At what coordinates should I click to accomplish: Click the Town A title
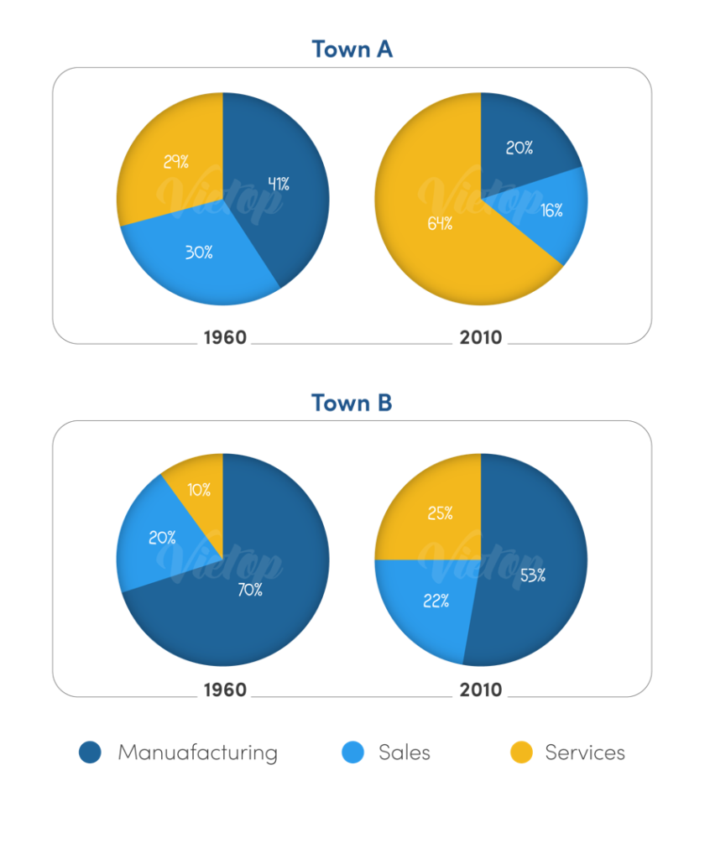pyautogui.click(x=352, y=49)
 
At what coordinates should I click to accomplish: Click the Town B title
pyautogui.click(x=352, y=403)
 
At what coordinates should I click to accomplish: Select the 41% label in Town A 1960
pyautogui.click(x=278, y=185)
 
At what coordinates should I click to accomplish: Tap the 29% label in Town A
pyautogui.click(x=176, y=162)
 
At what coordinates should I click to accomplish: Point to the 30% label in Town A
pyautogui.click(x=198, y=252)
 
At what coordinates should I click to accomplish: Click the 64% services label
pyautogui.click(x=440, y=224)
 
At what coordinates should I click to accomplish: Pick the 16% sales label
pyautogui.click(x=551, y=211)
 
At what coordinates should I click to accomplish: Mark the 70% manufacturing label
pyautogui.click(x=249, y=590)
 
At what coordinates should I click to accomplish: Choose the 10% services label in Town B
pyautogui.click(x=199, y=490)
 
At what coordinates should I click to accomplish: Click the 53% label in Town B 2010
pyautogui.click(x=532, y=575)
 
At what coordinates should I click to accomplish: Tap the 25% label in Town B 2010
pyautogui.click(x=439, y=513)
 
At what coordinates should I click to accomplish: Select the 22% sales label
pyautogui.click(x=436, y=601)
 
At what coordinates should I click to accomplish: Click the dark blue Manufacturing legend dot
pyautogui.click(x=90, y=752)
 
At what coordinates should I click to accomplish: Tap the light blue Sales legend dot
pyautogui.click(x=353, y=752)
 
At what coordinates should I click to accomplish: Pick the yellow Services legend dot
pyautogui.click(x=521, y=752)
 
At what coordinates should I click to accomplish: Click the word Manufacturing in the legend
pyautogui.click(x=197, y=752)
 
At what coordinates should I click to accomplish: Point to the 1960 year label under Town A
pyautogui.click(x=225, y=338)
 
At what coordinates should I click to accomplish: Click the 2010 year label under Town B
pyautogui.click(x=480, y=690)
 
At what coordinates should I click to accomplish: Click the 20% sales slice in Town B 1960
pyautogui.click(x=159, y=537)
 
